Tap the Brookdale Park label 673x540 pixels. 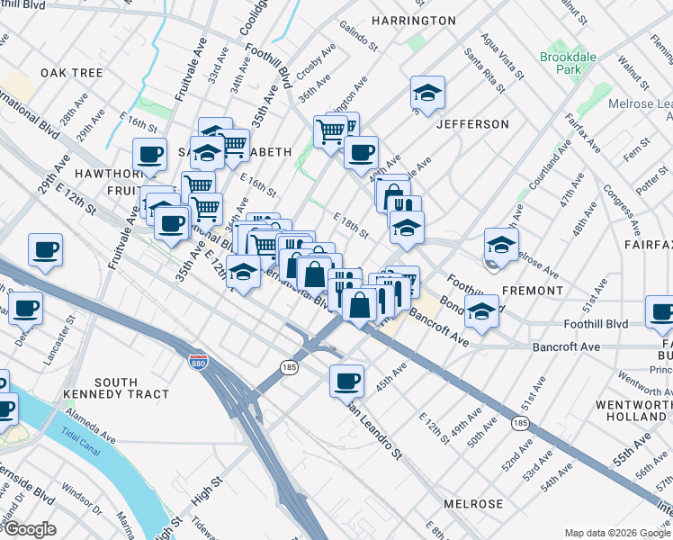point(562,63)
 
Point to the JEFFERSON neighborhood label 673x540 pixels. point(472,124)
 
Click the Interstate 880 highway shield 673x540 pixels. point(197,362)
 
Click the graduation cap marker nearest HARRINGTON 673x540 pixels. point(427,93)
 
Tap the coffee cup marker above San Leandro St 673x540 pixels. point(346,381)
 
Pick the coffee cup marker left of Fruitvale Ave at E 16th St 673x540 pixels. point(149,154)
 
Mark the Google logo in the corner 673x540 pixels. point(29,529)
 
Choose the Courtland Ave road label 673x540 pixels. point(550,166)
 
